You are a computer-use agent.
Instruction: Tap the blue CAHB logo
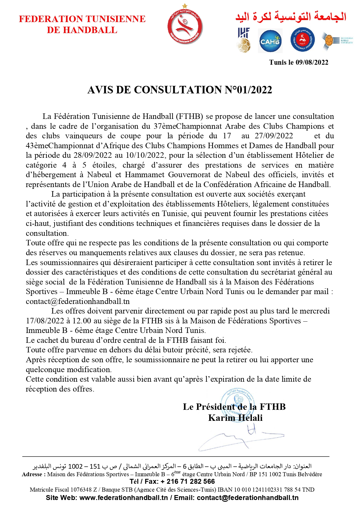coord(270,41)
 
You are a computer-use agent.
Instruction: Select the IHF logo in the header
coord(244,40)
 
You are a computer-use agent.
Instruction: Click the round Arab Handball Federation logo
coord(302,40)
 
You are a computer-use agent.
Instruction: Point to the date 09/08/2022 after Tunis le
coord(312,62)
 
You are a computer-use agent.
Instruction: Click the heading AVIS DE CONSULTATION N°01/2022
coord(180,90)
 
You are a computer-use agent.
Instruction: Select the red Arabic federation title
coord(291,17)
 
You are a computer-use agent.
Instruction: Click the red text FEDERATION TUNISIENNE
coord(82,19)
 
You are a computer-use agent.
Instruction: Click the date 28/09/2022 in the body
coord(92,155)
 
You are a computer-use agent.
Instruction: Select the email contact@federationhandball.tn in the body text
coord(78,302)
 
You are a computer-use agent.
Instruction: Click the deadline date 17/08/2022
coord(45,321)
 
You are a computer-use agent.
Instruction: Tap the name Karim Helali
coord(235,418)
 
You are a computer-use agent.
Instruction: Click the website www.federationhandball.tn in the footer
coord(123,498)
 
